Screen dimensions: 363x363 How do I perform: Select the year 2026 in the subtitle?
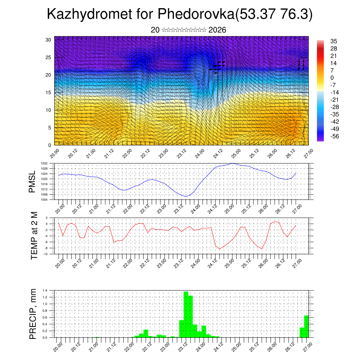[217, 30]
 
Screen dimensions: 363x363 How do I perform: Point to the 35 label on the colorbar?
[333, 41]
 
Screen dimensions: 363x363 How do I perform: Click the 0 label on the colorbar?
[332, 78]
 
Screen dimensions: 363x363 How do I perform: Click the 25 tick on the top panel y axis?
[49, 57]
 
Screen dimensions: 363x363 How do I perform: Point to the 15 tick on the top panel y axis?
[49, 93]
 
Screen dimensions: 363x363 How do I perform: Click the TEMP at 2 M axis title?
[34, 235]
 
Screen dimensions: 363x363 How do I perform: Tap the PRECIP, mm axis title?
[33, 314]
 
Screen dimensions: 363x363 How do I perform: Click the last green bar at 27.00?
[306, 326]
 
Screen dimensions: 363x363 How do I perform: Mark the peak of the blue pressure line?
[233, 163]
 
